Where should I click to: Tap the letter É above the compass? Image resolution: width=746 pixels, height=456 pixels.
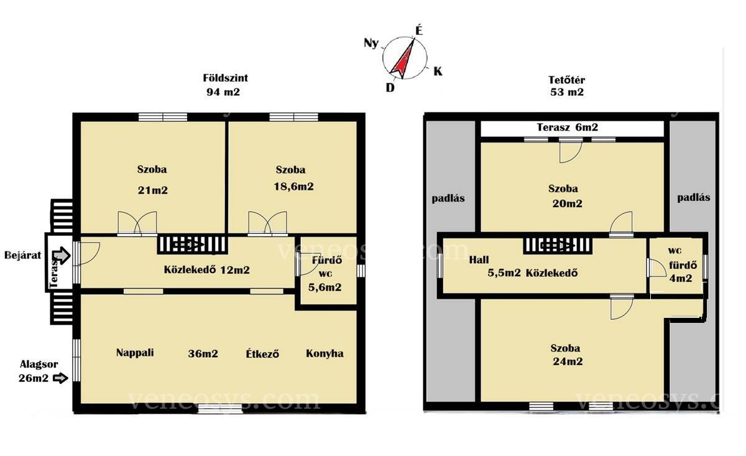point(419,30)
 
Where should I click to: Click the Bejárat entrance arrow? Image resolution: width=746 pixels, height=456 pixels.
point(62,256)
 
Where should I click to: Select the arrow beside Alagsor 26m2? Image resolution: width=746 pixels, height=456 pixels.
point(61,378)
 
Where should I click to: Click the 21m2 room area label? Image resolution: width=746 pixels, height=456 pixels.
point(152,190)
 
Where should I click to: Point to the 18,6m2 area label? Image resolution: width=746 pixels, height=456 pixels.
point(293,187)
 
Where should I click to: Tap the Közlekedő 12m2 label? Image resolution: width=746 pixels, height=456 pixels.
point(207,269)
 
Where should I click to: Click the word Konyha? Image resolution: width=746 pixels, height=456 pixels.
point(325,353)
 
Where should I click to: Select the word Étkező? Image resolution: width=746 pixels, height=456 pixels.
point(262,353)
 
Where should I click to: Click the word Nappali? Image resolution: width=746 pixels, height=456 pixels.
point(135,353)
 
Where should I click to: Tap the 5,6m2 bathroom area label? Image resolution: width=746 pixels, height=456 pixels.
point(325,287)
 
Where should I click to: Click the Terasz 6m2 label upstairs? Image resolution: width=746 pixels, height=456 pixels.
point(568,127)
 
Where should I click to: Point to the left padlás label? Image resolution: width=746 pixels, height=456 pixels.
point(448,198)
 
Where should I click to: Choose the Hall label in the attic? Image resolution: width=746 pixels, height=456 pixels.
point(479,259)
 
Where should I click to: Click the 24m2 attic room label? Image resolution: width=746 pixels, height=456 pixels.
point(568,361)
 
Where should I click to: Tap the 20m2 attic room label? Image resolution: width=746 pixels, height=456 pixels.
point(567,203)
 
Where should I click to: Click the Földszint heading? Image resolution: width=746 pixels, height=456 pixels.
point(226,78)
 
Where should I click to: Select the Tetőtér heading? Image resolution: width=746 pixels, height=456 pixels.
point(566,80)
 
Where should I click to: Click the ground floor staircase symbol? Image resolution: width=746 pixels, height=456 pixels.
point(193,244)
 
